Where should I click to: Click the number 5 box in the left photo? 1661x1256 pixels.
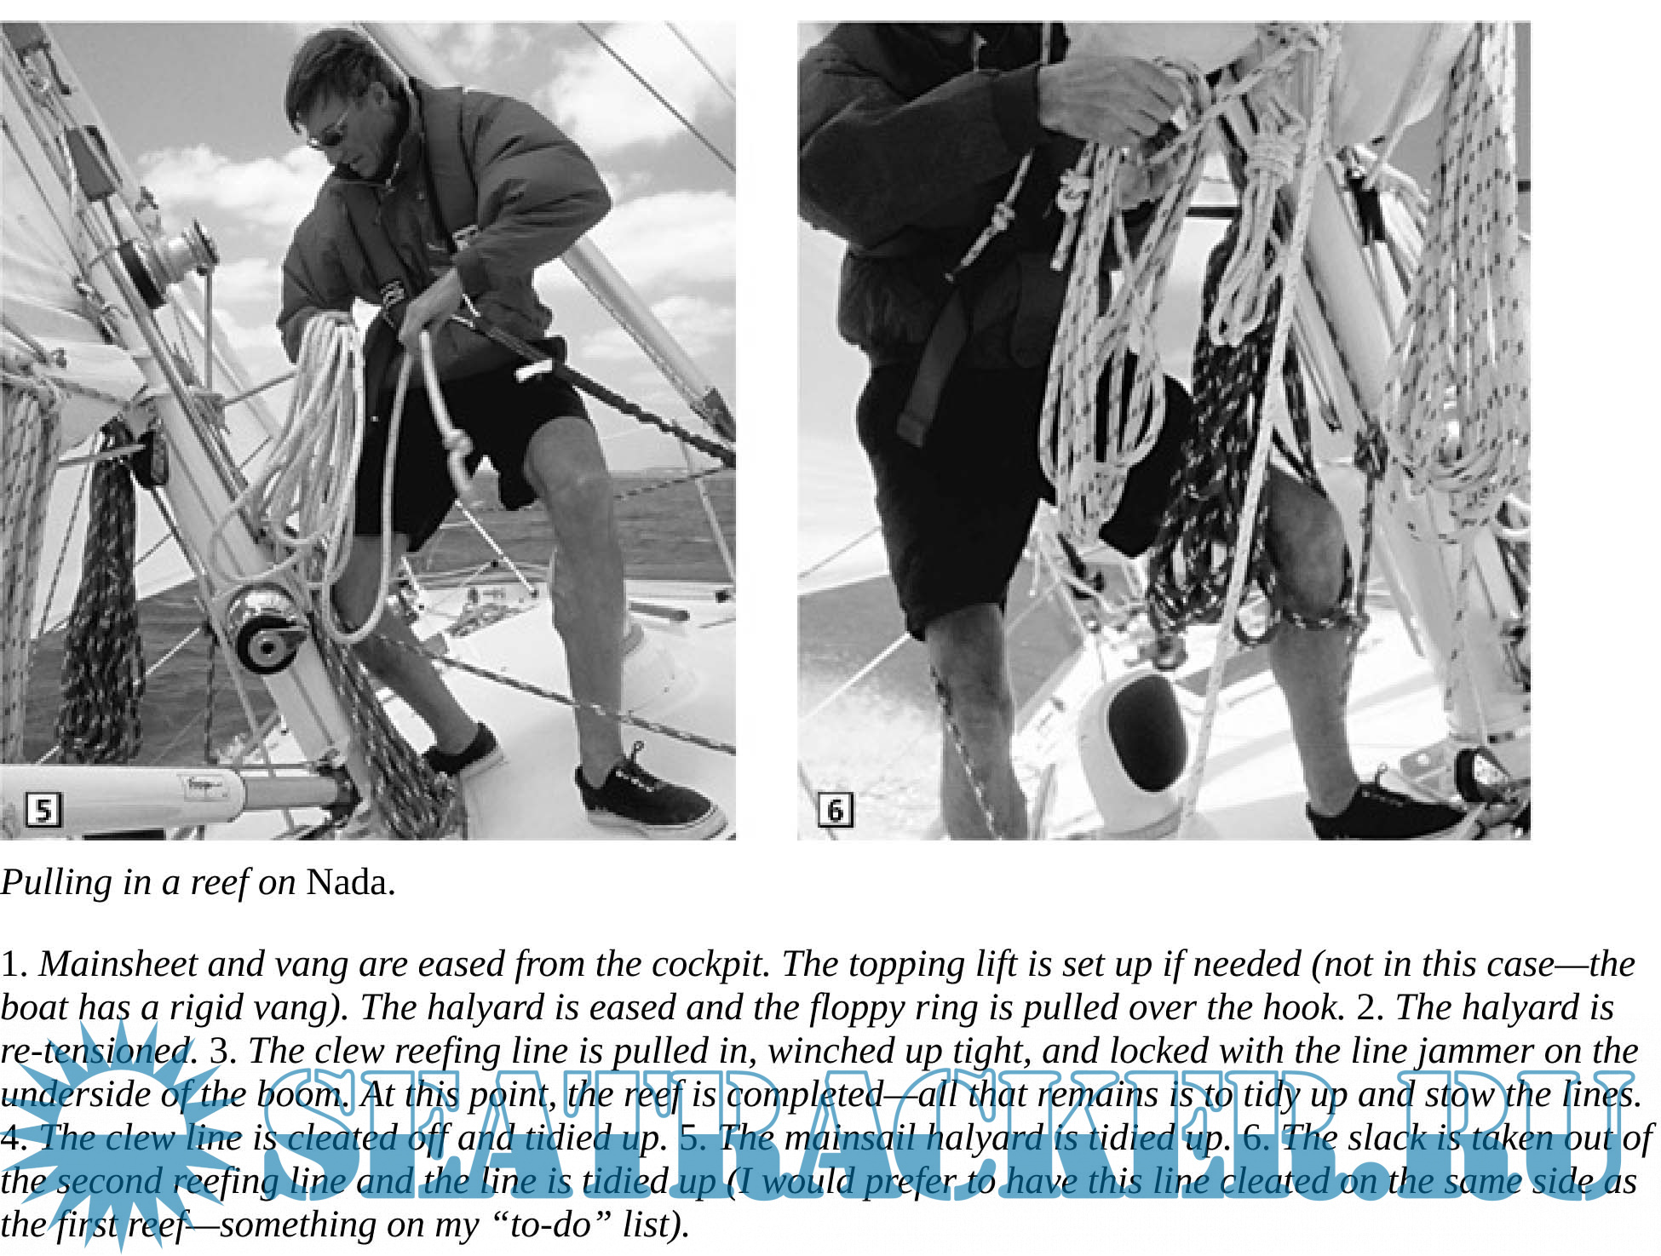pos(43,809)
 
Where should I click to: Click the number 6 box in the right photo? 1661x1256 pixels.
pos(836,809)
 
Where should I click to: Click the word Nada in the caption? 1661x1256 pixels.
pos(350,882)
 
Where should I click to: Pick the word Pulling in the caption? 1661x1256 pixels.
pos(56,882)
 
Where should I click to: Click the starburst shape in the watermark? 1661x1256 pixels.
pos(119,1133)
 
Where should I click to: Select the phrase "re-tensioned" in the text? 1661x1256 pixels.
pos(99,1051)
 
